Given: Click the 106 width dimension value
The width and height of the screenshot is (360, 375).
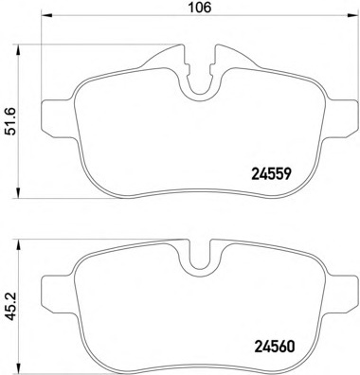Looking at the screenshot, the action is pyautogui.click(x=200, y=7).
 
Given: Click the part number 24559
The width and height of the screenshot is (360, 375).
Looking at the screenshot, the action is pyautogui.click(x=271, y=173).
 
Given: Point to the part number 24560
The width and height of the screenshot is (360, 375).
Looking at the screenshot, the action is pyautogui.click(x=274, y=347).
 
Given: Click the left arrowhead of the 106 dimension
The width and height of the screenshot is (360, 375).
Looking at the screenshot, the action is pyautogui.click(x=46, y=15).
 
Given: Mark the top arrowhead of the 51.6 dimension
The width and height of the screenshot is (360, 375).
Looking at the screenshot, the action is pyautogui.click(x=19, y=49).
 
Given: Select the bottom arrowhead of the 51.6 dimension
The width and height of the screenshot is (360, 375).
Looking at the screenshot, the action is pyautogui.click(x=19, y=193).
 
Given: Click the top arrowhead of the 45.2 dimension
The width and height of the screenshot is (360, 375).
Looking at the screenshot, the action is pyautogui.click(x=19, y=245).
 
